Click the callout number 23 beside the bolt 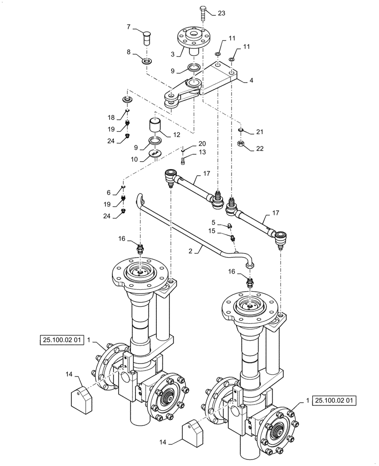click(x=221, y=14)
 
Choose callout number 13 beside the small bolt click(x=202, y=152)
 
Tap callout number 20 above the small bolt click(x=202, y=144)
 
